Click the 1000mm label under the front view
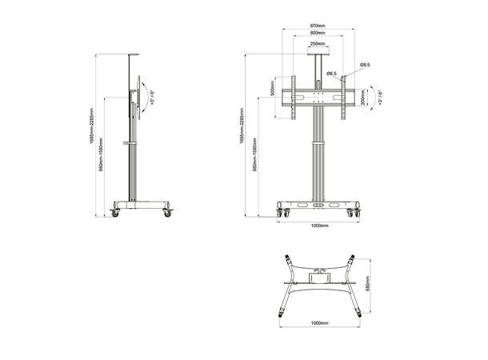click(x=319, y=226)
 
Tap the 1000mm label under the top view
click(x=319, y=324)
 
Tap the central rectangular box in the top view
click(x=319, y=276)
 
